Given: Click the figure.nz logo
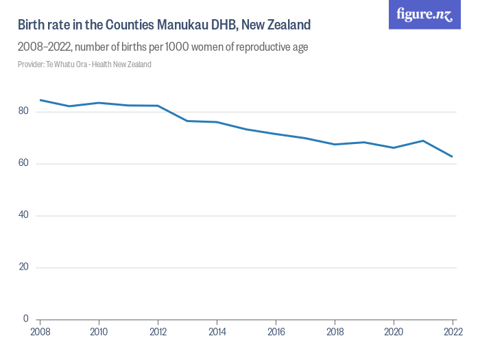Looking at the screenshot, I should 424,14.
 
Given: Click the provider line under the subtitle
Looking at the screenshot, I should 84,64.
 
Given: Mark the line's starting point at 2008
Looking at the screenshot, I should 40,100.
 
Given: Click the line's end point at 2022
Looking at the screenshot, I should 453,156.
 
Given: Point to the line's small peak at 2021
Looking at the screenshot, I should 423,141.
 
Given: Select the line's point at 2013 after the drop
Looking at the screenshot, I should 188,121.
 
